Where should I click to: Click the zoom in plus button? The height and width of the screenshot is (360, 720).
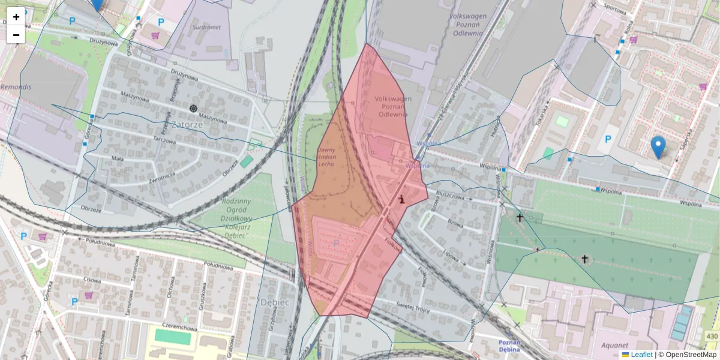16,17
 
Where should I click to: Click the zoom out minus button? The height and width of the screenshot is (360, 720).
16,34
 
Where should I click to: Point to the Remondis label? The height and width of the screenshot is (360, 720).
16,87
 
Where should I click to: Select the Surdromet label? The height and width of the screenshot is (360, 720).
205,27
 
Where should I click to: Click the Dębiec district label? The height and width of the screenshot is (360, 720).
275,302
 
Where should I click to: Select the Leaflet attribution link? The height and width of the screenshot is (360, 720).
641,355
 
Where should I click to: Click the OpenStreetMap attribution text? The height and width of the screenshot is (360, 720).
688,355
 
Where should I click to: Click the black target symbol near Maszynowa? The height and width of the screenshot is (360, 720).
193,108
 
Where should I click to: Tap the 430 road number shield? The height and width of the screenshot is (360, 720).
712,336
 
